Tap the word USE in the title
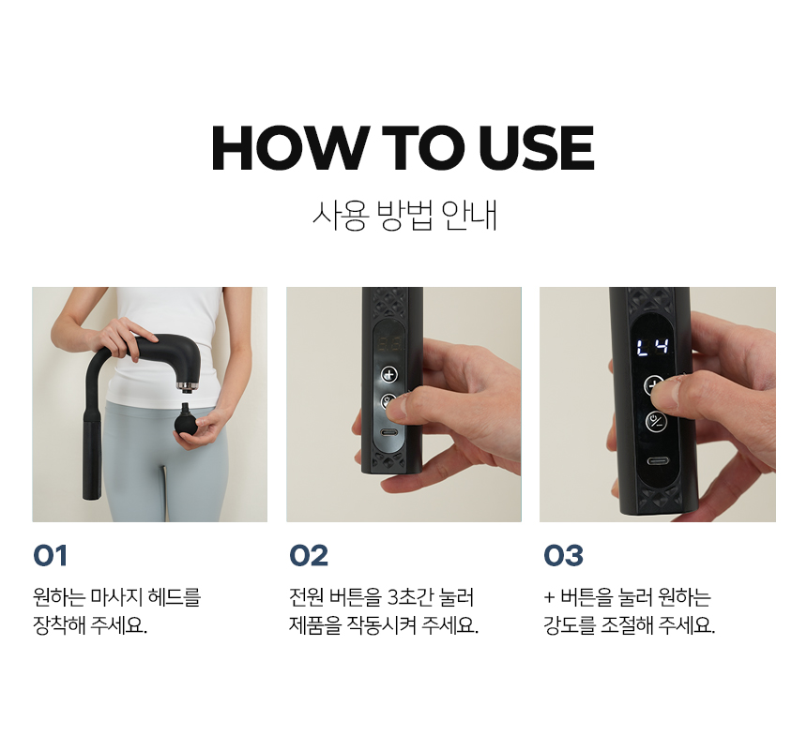pos(536,148)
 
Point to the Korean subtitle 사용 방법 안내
pos(404,215)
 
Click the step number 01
pos(50,556)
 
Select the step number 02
pos(309,556)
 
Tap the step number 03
pos(563,556)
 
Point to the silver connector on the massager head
pos(187,385)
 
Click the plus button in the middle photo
pos(389,374)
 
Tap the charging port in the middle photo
pos(389,432)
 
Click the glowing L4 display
pos(652,347)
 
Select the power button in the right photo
pos(656,422)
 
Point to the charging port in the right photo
pos(657,460)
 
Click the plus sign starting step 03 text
pos(549,598)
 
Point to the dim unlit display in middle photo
pos(389,344)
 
